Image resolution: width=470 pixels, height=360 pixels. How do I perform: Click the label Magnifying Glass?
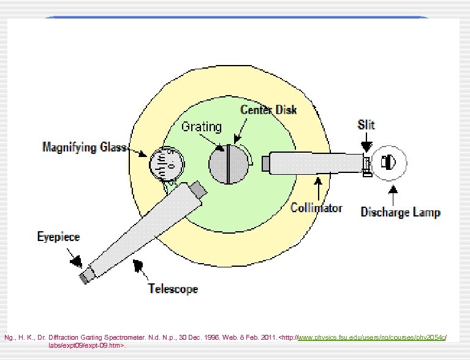tap(85, 147)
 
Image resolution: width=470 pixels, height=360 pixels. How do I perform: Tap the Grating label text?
tap(201, 127)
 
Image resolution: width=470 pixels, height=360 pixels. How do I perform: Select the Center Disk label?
tap(268, 110)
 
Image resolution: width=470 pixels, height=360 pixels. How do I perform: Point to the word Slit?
tap(366, 124)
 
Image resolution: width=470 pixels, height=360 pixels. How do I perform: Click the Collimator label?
tap(316, 208)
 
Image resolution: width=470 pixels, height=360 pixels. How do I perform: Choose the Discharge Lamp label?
tap(400, 212)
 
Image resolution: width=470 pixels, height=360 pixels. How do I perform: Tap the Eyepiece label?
tap(58, 237)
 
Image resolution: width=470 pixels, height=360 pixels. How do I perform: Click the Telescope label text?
tap(173, 288)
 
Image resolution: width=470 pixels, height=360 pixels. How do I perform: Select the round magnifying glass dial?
tap(166, 163)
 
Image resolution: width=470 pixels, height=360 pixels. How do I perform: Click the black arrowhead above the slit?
tap(366, 147)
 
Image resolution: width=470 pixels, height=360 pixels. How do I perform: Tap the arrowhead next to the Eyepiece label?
tap(75, 261)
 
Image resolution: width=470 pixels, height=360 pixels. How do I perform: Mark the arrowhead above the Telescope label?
tap(140, 265)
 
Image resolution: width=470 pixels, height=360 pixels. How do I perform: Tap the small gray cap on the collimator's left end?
tap(265, 164)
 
